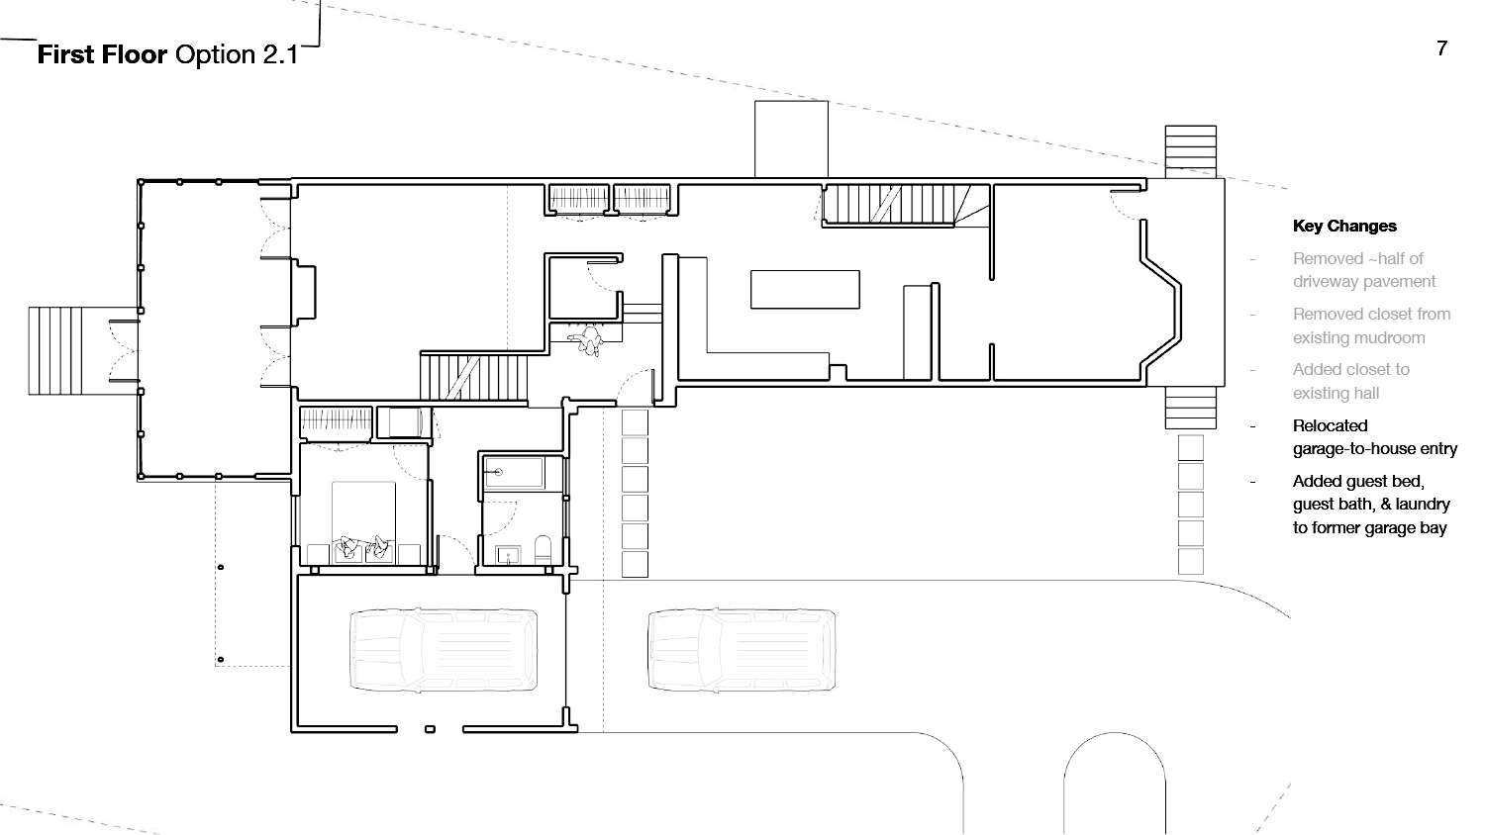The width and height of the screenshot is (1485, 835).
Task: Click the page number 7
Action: click(x=1441, y=48)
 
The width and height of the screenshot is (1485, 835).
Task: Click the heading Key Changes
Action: click(x=1344, y=226)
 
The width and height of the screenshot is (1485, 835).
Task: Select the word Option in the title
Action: click(x=216, y=55)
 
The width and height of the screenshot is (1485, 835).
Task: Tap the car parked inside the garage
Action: click(x=444, y=650)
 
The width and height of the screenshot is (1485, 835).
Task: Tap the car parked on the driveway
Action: click(x=742, y=650)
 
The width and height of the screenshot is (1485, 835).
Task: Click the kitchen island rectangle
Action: click(x=805, y=290)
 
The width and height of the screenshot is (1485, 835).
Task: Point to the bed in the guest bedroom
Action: click(x=363, y=522)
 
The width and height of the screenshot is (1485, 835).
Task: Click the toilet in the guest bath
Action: click(x=543, y=549)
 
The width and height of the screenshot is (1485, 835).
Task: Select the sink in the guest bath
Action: click(x=509, y=555)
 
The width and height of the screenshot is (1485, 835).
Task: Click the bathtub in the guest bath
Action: click(x=514, y=473)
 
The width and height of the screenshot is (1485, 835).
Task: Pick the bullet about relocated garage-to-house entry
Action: click(x=1375, y=437)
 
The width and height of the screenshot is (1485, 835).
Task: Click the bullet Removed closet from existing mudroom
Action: click(x=1371, y=326)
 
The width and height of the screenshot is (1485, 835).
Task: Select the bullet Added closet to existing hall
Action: click(x=1351, y=382)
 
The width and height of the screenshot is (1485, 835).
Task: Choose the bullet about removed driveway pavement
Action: click(x=1364, y=270)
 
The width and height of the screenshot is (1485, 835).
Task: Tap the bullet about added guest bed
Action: click(x=1371, y=505)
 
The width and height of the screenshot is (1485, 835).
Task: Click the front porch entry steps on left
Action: click(x=55, y=351)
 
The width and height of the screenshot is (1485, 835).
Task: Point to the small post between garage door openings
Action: click(x=431, y=729)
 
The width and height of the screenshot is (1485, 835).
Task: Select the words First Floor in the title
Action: click(x=102, y=55)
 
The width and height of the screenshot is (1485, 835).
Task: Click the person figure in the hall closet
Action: click(x=586, y=340)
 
